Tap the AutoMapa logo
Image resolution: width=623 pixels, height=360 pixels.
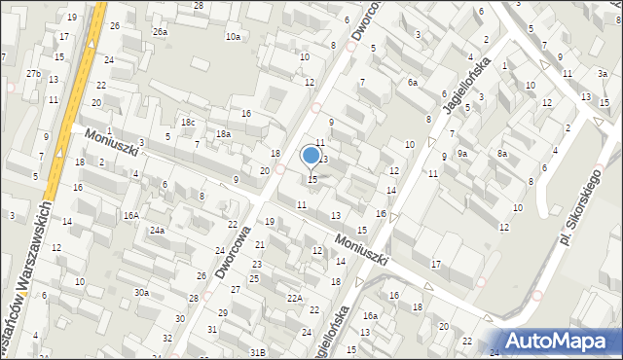click(x=560, y=340)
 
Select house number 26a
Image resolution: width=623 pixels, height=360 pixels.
click(x=160, y=31)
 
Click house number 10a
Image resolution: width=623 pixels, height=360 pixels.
click(x=233, y=37)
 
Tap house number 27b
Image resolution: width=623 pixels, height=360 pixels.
click(x=33, y=74)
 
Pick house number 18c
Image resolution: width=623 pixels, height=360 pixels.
click(x=187, y=122)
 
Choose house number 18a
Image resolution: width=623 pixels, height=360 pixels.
click(x=223, y=134)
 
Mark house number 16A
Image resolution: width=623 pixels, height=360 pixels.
click(x=130, y=215)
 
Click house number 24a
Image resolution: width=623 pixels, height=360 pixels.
click(x=156, y=231)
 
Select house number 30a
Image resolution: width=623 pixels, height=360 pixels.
click(x=142, y=292)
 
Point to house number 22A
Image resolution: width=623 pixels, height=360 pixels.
click(x=294, y=298)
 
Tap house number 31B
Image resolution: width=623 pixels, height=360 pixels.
click(x=257, y=351)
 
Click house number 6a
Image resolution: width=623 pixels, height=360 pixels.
click(x=413, y=83)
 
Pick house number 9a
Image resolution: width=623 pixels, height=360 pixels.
click(x=463, y=154)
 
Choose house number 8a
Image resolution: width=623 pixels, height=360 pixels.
click(x=502, y=154)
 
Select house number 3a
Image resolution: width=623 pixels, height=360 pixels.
click(x=603, y=73)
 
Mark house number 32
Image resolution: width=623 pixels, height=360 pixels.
click(x=167, y=338)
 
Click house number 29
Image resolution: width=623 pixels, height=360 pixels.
click(x=223, y=312)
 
